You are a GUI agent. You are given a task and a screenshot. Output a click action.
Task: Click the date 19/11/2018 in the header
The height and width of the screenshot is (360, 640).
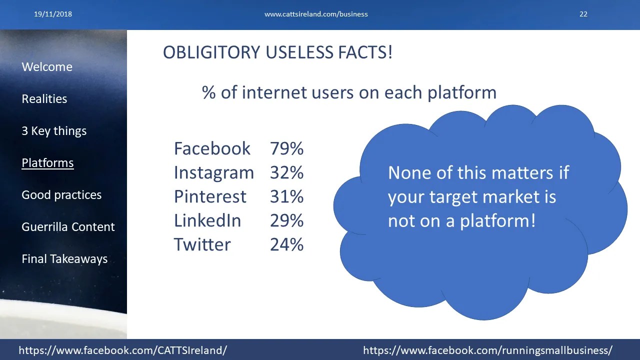[53, 14]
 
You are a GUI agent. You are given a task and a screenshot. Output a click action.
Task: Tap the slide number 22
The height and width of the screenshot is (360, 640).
[583, 14]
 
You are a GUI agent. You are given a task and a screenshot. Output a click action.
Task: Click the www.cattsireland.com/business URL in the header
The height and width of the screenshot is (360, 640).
[316, 14]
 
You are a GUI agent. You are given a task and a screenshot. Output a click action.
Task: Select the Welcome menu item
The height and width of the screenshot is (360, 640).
[47, 67]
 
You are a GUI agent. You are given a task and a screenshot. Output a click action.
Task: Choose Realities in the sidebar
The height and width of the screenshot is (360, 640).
[44, 99]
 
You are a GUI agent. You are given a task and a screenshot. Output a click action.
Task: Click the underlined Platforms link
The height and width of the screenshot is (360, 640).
[47, 163]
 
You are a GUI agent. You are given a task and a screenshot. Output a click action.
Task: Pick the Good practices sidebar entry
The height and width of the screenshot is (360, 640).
[61, 195]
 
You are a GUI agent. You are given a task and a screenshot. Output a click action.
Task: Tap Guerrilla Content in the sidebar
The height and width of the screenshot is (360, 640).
[68, 227]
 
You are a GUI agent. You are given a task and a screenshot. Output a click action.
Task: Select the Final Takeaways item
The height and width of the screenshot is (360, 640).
[64, 259]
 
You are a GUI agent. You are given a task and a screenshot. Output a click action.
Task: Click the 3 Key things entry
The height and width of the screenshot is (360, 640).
[54, 131]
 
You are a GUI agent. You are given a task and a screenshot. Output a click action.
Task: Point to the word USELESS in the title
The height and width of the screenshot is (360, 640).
[299, 52]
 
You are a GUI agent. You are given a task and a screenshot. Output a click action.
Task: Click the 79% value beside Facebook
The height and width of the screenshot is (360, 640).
[286, 148]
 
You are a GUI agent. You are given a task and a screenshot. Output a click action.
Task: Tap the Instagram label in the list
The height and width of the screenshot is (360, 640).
[214, 173]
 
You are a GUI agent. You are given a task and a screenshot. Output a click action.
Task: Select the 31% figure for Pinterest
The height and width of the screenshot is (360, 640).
[286, 196]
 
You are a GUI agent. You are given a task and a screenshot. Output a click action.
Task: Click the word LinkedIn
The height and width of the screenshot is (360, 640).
[207, 220]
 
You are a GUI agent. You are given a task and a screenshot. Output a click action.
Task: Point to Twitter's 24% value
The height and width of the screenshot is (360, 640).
[286, 244]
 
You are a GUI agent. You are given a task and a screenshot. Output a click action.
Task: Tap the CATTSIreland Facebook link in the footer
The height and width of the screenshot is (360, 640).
[123, 350]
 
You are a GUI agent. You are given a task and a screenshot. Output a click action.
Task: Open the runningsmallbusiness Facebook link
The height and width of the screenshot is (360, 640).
[487, 350]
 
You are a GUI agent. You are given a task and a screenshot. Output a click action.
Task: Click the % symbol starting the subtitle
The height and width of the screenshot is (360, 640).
[209, 92]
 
